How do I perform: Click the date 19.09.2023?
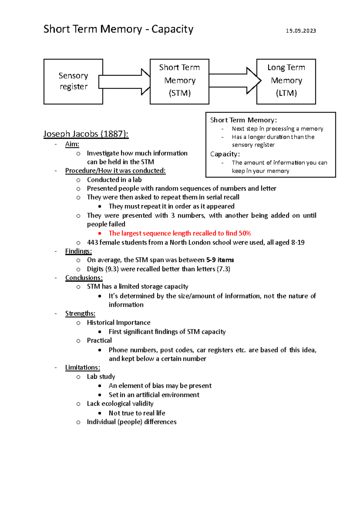(x=301, y=31)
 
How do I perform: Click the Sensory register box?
(x=73, y=81)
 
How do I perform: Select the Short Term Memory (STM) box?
(x=179, y=81)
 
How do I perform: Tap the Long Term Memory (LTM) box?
(x=286, y=81)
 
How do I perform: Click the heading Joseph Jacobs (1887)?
(x=86, y=134)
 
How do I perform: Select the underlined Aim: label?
(x=72, y=144)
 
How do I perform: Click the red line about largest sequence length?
(x=179, y=233)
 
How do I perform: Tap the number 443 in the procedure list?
(x=92, y=242)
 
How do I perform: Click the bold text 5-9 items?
(x=220, y=260)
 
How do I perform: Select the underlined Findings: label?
(x=78, y=251)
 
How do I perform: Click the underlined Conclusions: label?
(x=84, y=278)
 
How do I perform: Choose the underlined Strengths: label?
(x=80, y=314)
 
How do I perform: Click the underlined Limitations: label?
(x=82, y=368)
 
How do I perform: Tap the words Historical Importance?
(x=118, y=323)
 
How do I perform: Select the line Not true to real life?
(x=137, y=413)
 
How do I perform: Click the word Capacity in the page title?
(x=172, y=29)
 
